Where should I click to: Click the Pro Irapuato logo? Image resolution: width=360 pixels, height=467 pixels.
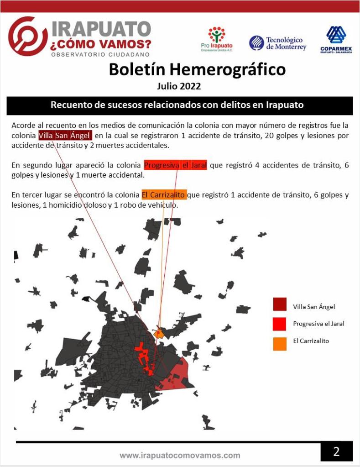(217, 39)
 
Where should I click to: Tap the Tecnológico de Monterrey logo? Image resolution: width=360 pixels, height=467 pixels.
(278, 43)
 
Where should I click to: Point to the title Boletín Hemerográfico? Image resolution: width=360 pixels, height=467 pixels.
(197, 69)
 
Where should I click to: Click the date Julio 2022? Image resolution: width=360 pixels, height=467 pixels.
(179, 86)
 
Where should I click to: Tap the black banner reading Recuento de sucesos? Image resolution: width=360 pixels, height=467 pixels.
(179, 105)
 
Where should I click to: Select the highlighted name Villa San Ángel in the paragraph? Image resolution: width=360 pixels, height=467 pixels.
(65, 136)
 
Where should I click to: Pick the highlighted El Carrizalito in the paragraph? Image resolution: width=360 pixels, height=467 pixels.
(164, 195)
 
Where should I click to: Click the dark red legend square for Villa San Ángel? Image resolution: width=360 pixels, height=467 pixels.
(280, 304)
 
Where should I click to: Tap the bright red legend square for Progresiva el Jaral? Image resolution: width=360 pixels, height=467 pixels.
(280, 324)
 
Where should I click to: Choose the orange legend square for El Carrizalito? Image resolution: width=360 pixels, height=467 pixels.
(280, 343)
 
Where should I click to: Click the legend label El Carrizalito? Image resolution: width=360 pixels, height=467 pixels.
(311, 341)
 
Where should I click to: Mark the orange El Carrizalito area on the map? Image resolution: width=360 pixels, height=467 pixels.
(159, 333)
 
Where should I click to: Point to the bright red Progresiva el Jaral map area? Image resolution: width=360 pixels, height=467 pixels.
(142, 353)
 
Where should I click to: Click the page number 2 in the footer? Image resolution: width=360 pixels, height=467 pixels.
(336, 451)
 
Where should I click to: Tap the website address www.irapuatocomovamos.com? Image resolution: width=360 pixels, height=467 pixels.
(180, 455)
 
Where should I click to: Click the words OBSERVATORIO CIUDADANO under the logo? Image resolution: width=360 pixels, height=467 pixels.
(100, 54)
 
